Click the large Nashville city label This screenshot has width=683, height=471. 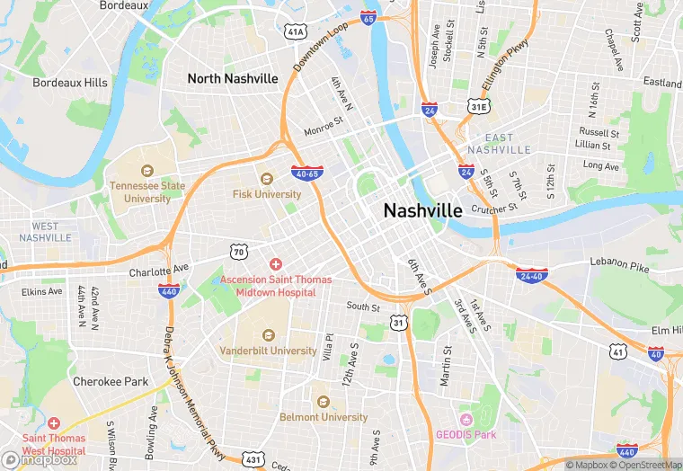[422, 210]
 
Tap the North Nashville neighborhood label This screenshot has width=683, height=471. [233, 78]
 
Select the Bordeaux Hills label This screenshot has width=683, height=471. [70, 83]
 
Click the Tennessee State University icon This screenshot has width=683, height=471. [147, 170]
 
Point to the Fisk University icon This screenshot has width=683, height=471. [265, 177]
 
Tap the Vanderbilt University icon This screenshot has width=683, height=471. [269, 334]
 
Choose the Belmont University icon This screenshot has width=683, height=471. [322, 400]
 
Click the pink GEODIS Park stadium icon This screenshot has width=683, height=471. [466, 420]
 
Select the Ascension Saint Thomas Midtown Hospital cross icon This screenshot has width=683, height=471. [276, 264]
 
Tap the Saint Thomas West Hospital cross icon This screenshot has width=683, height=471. [54, 422]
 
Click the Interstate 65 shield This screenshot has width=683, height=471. [368, 17]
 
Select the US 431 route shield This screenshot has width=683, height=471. [254, 459]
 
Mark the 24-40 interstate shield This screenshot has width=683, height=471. [533, 275]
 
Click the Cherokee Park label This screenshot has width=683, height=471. [111, 381]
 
